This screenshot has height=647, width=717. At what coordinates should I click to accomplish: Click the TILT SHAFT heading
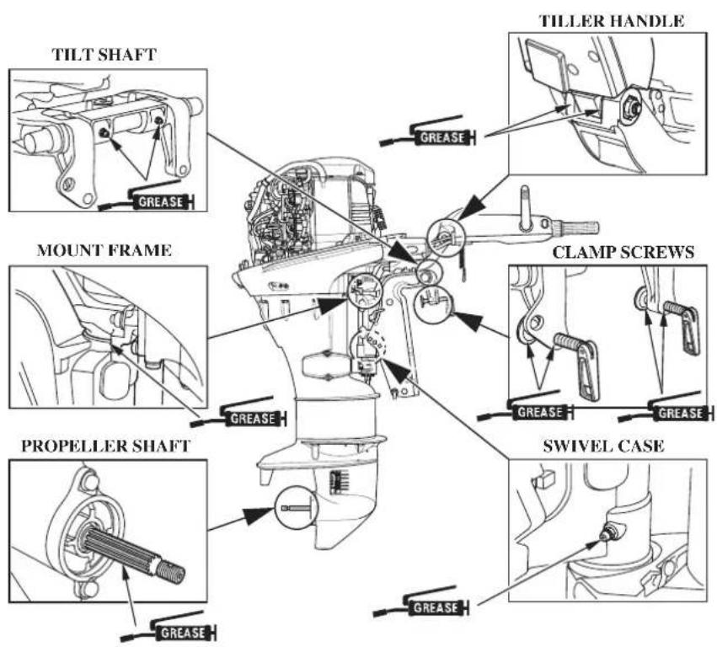[x=104, y=55]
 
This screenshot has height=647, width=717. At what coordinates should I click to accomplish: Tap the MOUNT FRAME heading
[x=104, y=250]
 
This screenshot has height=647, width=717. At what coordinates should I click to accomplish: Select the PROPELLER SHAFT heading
[x=105, y=446]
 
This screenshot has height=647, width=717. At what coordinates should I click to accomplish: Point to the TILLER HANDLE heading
[x=612, y=21]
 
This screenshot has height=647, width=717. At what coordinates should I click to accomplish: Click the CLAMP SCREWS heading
[x=623, y=252]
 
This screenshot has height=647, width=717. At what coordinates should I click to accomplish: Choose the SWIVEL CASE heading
[x=603, y=446]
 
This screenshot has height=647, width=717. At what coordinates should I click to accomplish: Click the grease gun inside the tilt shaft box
[x=147, y=197]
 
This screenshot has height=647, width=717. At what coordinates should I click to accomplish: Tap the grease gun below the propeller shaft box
[x=169, y=628]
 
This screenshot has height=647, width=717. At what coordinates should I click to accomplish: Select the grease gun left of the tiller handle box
[x=427, y=132]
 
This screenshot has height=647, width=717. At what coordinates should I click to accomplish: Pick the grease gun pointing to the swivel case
[x=421, y=602]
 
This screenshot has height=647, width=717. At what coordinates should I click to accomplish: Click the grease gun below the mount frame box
[x=238, y=414]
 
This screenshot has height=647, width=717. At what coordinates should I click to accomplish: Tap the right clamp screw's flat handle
[x=691, y=329]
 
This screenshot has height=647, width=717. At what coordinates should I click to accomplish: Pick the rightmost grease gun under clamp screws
[x=666, y=409]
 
